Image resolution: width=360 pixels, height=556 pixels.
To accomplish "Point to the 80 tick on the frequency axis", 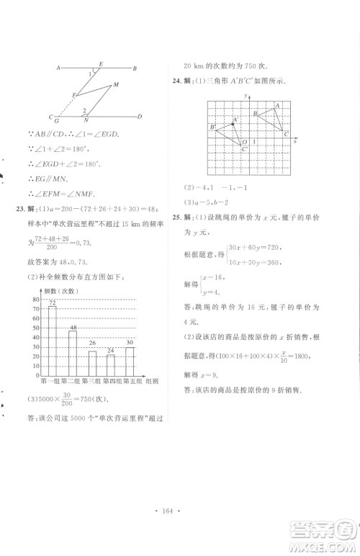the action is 35,298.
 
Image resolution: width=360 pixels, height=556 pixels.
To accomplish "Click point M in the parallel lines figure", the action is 115,85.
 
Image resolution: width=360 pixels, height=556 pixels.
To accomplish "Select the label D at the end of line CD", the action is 140,117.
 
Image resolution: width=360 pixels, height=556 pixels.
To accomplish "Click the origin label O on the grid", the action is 245,143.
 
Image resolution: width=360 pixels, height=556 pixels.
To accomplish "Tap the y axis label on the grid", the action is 246,96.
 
